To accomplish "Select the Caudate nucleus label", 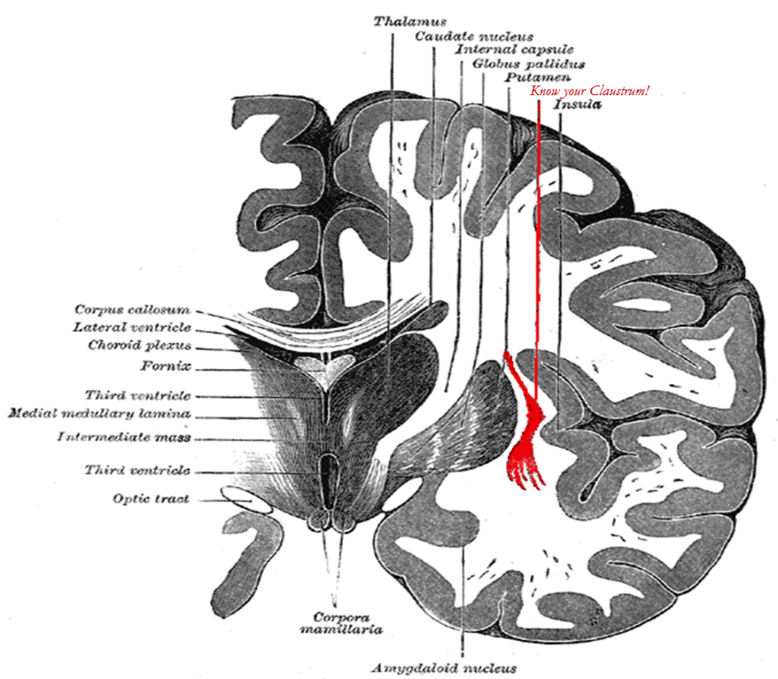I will pyautogui.click(x=474, y=36).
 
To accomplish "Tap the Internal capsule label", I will pyautogui.click(x=514, y=50).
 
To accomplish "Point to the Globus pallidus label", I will pyautogui.click(x=527, y=64).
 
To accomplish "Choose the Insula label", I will pyautogui.click(x=577, y=106).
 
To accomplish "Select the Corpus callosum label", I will pyautogui.click(x=132, y=311).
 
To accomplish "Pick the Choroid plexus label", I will pyautogui.click(x=139, y=346).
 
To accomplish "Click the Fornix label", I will pyautogui.click(x=165, y=367).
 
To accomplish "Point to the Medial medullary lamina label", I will pyautogui.click(x=98, y=413).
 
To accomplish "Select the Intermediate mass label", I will pyautogui.click(x=124, y=437).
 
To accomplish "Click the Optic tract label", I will pyautogui.click(x=151, y=499).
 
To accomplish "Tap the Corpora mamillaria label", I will pyautogui.click(x=335, y=622).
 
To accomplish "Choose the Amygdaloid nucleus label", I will pyautogui.click(x=443, y=668).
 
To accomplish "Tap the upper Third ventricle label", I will pyautogui.click(x=137, y=395).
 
